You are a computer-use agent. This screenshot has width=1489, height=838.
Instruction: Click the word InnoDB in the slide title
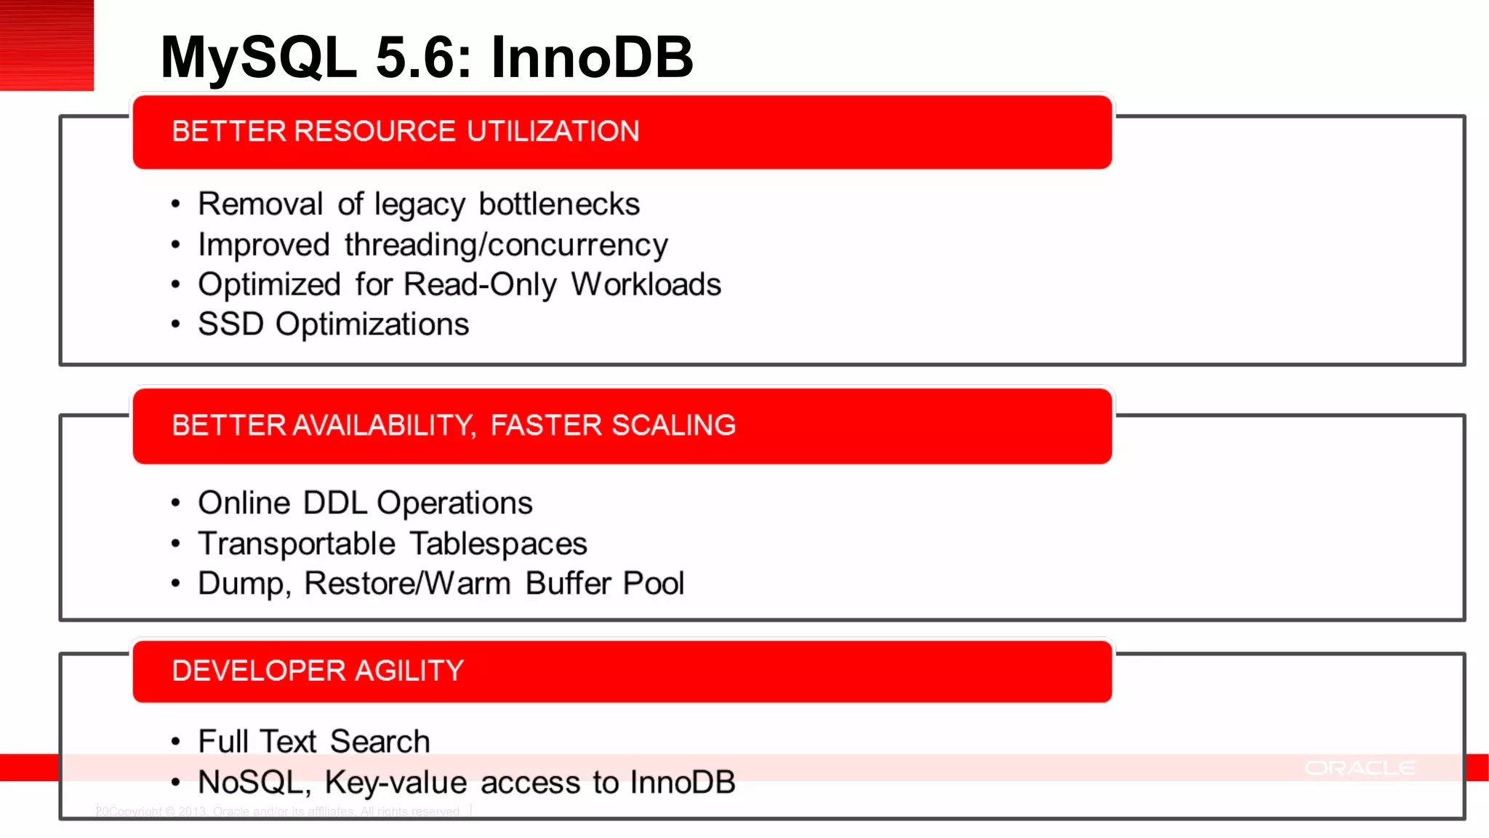[592, 57]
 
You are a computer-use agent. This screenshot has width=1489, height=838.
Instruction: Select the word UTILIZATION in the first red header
[553, 132]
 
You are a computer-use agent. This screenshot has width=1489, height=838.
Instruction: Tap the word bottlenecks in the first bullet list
[559, 204]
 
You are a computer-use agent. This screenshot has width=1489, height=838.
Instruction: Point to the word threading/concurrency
[506, 245]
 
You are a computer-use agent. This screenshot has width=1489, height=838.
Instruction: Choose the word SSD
[230, 324]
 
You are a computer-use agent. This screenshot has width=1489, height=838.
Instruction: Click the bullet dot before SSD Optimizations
[175, 324]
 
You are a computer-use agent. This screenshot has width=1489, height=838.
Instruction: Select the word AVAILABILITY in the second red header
[384, 426]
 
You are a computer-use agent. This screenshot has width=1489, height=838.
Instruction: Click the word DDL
[334, 503]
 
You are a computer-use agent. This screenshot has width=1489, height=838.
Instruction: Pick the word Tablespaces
[498, 544]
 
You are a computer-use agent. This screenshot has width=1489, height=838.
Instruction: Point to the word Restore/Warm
[407, 583]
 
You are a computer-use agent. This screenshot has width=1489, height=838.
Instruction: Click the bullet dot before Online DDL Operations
[175, 503]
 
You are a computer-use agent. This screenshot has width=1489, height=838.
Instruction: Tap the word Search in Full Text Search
[380, 742]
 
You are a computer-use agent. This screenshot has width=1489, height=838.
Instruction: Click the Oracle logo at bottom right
[1360, 768]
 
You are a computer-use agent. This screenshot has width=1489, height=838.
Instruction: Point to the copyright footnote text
[280, 811]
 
